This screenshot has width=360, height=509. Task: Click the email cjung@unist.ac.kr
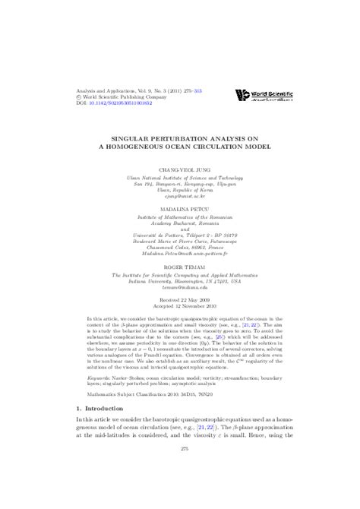(180, 196)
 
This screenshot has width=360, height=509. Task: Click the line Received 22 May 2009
(180, 299)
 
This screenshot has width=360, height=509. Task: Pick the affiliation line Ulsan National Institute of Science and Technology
(180, 174)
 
